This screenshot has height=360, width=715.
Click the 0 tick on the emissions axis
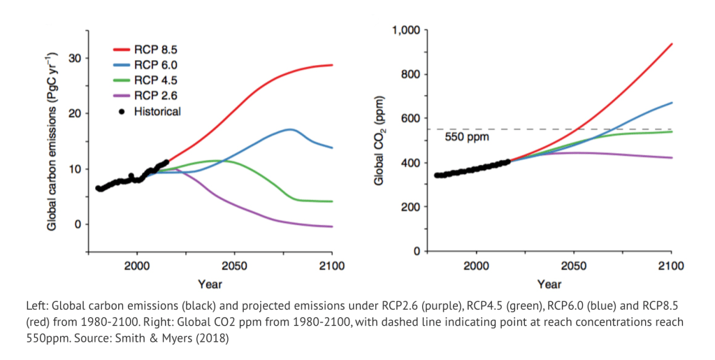[x=78, y=224]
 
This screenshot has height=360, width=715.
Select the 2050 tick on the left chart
[x=234, y=265]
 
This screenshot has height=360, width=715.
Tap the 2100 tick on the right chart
[x=672, y=265]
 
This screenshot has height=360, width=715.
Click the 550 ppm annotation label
[x=466, y=137]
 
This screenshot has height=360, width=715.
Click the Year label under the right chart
[x=549, y=285]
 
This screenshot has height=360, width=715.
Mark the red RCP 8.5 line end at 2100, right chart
[x=672, y=44]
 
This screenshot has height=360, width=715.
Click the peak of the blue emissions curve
[x=290, y=129]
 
